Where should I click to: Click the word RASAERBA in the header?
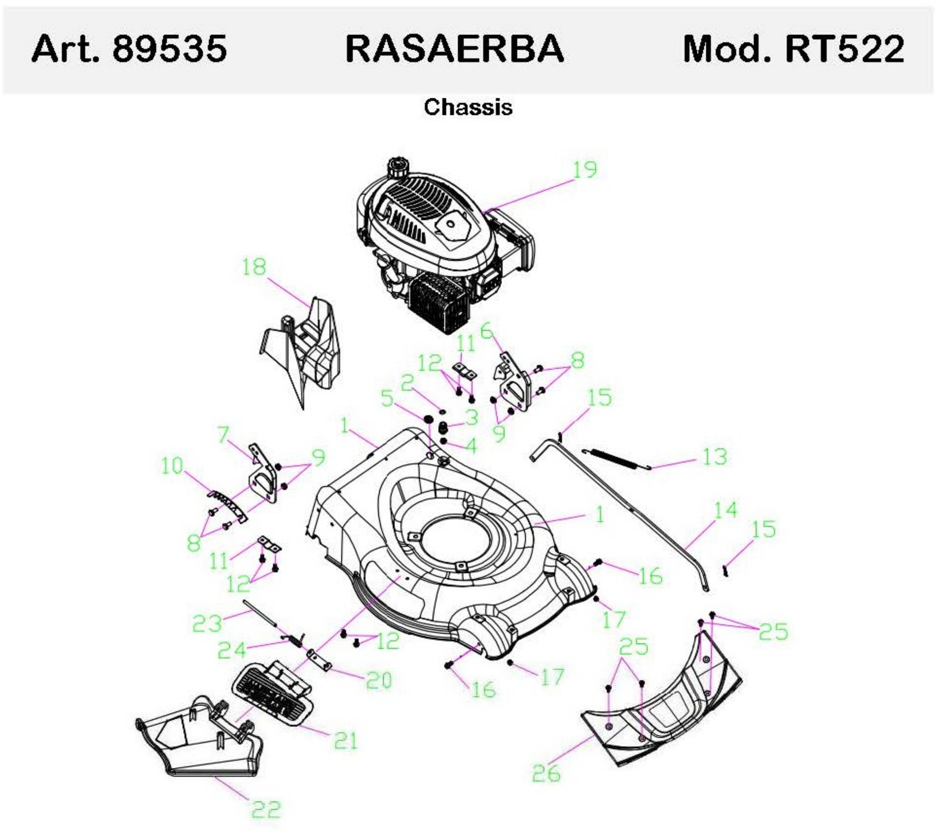coord(454,49)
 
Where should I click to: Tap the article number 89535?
coord(169,49)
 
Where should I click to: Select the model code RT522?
coord(845,49)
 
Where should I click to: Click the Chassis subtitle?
coord(468,107)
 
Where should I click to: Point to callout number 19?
coord(585,170)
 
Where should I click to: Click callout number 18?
coord(254,267)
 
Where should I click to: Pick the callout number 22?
coord(266,809)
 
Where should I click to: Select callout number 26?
coord(546,773)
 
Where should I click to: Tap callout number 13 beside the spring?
coord(715,457)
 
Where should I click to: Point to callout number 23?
coord(207,623)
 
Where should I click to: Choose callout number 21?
coord(346,741)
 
